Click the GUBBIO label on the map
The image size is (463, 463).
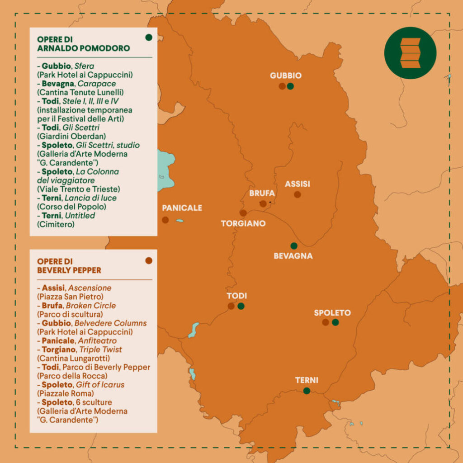pyautogui.click(x=285, y=76)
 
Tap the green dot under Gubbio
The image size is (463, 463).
pyautogui.click(x=290, y=86)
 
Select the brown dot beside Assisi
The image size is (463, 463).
pyautogui.click(x=297, y=194)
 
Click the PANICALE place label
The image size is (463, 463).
pyautogui.click(x=182, y=208)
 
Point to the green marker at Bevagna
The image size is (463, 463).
pyautogui.click(x=294, y=246)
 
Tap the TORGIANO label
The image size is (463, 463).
pyautogui.click(x=243, y=223)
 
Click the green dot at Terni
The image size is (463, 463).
pyautogui.click(x=307, y=391)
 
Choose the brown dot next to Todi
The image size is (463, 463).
pyautogui.click(x=231, y=306)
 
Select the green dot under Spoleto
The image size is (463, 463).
pyautogui.click(x=335, y=322)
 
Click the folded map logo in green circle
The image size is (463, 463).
pyautogui.click(x=410, y=53)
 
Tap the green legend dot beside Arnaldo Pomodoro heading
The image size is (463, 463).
pyautogui.click(x=149, y=38)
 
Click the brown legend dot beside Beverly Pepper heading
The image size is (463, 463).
pyautogui.click(x=149, y=260)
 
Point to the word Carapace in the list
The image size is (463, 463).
pyautogui.click(x=100, y=84)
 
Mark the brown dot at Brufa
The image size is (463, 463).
pyautogui.click(x=263, y=204)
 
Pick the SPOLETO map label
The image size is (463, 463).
pyautogui.click(x=332, y=312)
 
